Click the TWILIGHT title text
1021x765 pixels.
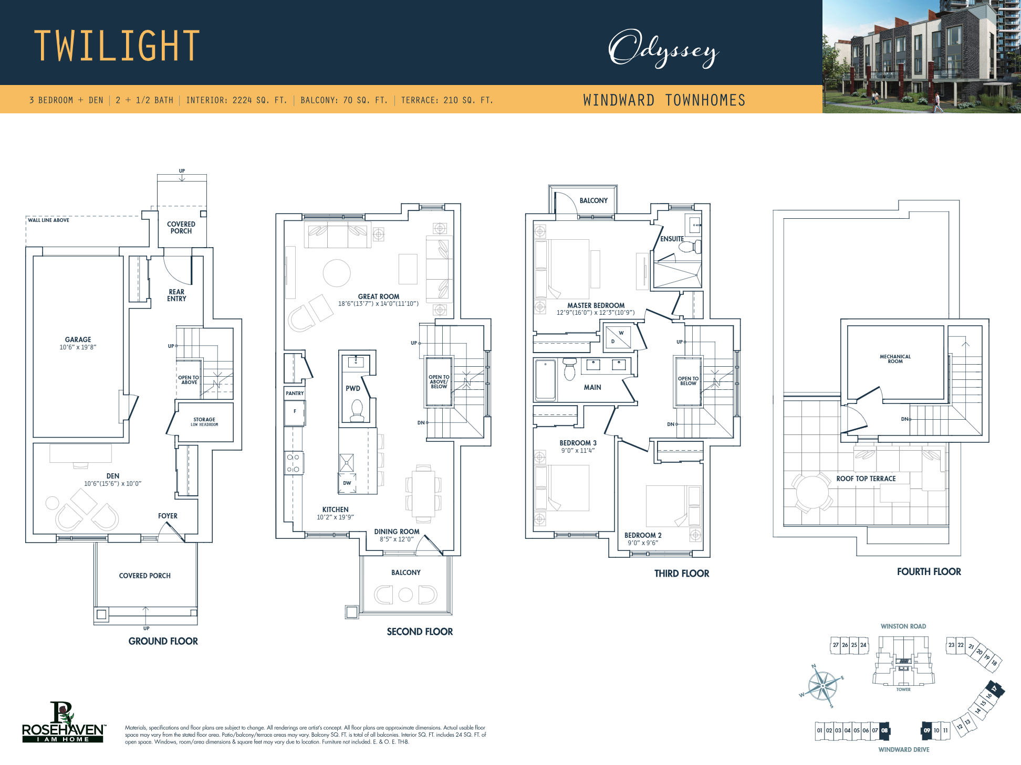coord(117,46)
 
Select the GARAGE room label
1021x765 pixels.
coord(78,339)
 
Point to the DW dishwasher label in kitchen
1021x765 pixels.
coord(347,483)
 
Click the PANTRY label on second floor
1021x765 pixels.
coord(295,393)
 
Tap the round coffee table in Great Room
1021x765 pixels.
coord(336,273)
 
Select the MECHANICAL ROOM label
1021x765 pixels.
coord(895,359)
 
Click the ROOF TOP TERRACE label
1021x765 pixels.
coord(866,479)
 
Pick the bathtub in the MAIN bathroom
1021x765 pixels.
coord(545,380)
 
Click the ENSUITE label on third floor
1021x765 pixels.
coord(672,239)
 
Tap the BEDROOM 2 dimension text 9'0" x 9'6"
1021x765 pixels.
coord(642,543)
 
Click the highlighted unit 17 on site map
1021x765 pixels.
coord(994,688)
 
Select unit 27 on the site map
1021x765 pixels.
coord(835,645)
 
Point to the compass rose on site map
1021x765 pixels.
coord(822,686)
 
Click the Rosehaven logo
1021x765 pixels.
coord(63,723)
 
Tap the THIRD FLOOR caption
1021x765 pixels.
coord(681,573)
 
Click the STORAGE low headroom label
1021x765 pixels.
coord(204,421)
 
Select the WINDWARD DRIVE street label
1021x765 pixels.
coord(903,749)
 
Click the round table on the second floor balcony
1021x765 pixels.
coord(405,594)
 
